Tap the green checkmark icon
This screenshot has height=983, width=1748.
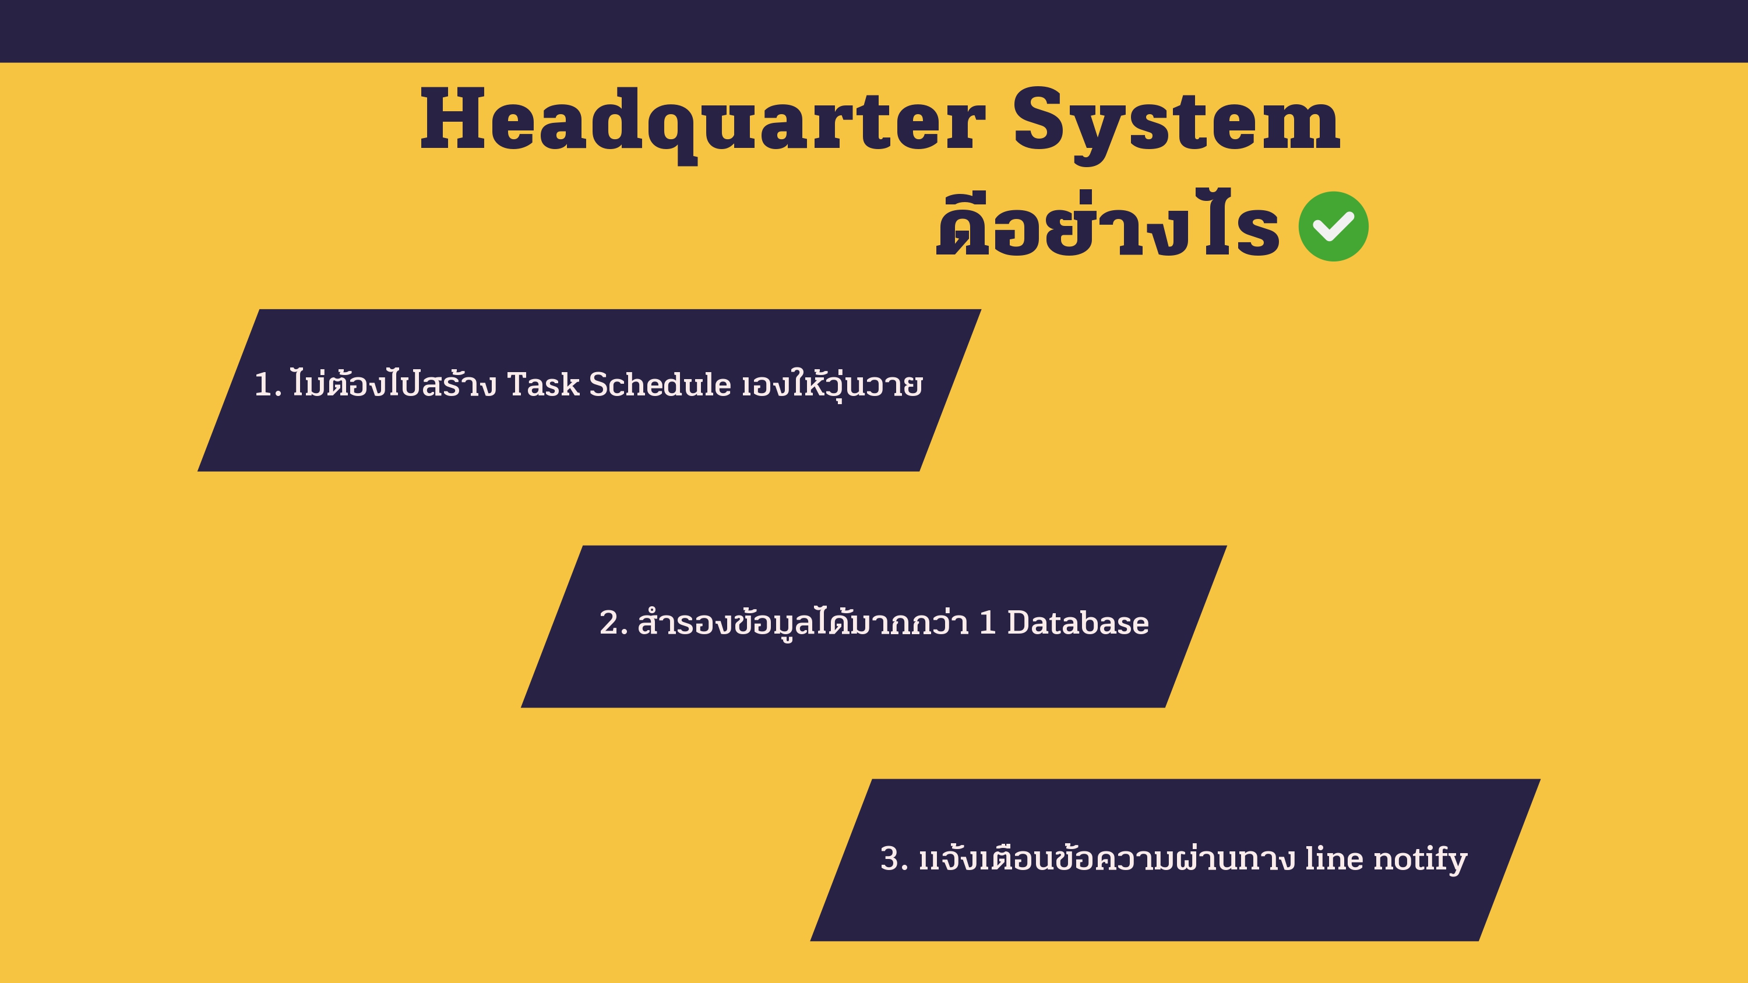tap(1333, 227)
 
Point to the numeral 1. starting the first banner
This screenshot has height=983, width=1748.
tap(267, 385)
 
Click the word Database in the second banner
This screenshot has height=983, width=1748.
tap(1077, 622)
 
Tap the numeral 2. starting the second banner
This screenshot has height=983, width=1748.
tap(614, 623)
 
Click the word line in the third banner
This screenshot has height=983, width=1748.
tap(1334, 858)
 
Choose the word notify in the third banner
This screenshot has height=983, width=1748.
tap(1421, 860)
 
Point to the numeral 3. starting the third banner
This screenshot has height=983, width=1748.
tap(894, 858)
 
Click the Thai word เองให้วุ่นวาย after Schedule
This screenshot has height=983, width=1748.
tap(832, 385)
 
